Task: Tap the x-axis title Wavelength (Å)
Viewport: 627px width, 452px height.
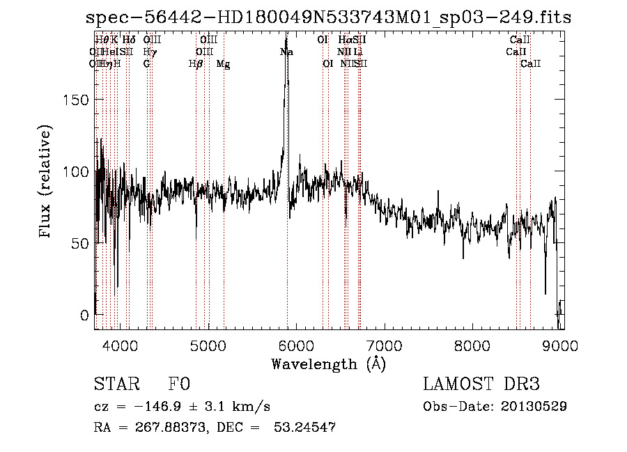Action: coord(328,364)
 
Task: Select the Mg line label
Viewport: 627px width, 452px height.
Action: coord(223,64)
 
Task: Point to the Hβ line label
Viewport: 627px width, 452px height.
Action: coord(196,64)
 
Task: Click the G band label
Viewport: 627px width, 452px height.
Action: coord(147,64)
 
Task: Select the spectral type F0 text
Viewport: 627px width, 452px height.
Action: coord(179,384)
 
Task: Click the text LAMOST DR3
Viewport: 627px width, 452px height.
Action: coord(481,384)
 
